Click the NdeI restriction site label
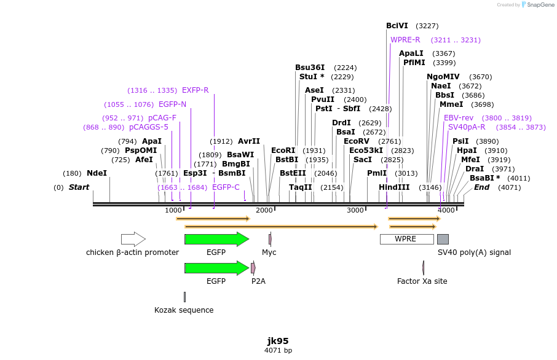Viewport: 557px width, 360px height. tap(97, 173)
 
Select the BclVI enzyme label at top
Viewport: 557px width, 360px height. tap(397, 26)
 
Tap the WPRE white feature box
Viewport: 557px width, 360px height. tap(406, 239)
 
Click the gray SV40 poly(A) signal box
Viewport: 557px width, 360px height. tap(443, 239)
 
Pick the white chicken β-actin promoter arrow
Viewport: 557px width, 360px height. tap(133, 239)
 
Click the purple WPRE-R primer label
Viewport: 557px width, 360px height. tap(405, 40)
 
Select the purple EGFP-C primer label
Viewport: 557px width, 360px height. tap(226, 187)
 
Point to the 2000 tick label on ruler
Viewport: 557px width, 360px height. tap(264, 211)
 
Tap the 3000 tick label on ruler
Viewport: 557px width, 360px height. tap(355, 211)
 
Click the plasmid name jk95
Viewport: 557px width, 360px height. tap(278, 341)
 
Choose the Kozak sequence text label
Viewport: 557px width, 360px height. tap(184, 310)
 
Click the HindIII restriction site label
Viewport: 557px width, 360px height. tap(394, 187)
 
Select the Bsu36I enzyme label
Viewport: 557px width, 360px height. tap(309, 68)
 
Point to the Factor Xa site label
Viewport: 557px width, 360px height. tap(422, 281)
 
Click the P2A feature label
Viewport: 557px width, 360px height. tap(258, 281)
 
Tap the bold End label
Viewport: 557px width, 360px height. tap(481, 187)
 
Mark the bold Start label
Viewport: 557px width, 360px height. tap(79, 187)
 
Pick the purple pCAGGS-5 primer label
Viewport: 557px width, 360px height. tap(148, 127)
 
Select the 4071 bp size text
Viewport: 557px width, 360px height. tap(278, 351)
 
